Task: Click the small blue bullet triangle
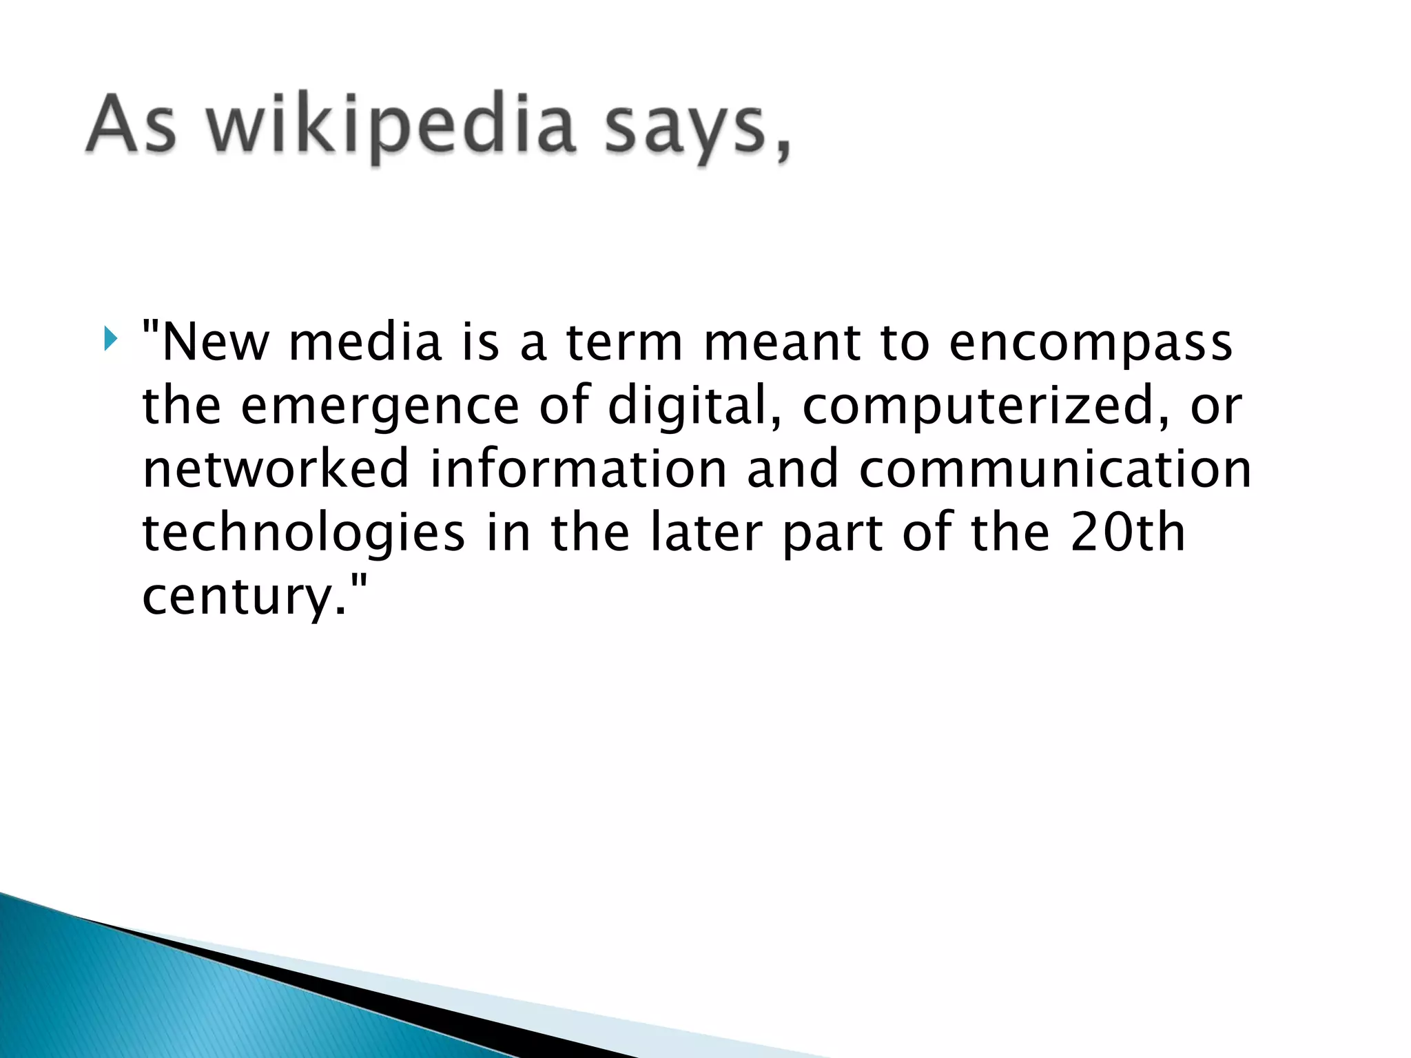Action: pyautogui.click(x=110, y=339)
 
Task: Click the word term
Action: pyautogui.click(x=624, y=342)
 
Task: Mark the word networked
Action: pyautogui.click(x=276, y=468)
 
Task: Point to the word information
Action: pyautogui.click(x=579, y=468)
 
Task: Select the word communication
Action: pyautogui.click(x=1055, y=468)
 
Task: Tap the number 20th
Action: pyautogui.click(x=1128, y=532)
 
